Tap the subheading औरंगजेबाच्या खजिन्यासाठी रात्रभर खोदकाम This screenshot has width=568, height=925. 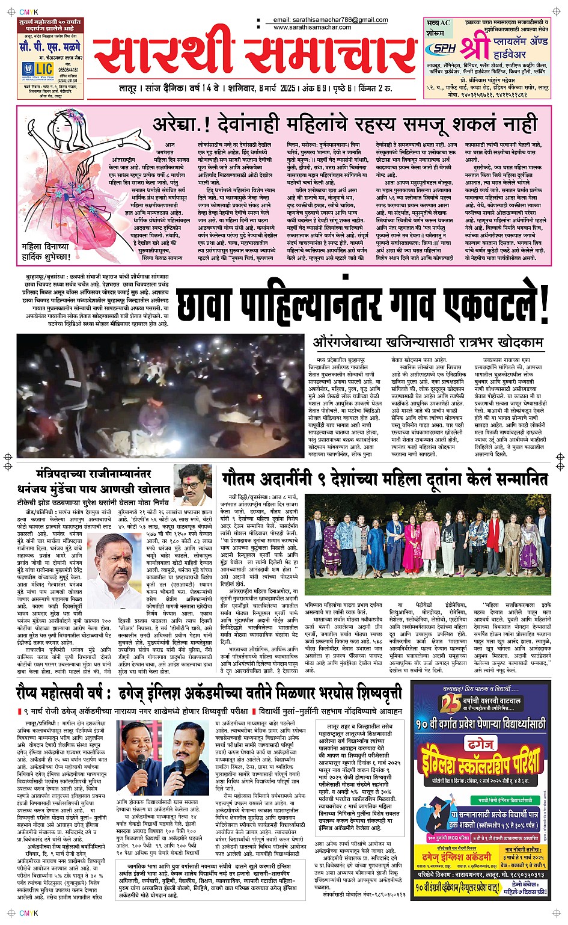point(428,342)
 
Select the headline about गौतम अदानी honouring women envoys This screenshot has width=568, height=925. point(385,479)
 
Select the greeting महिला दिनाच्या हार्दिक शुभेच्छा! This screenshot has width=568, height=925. point(46,251)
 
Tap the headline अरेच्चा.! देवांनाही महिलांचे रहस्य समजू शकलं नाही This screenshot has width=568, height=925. point(344,124)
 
